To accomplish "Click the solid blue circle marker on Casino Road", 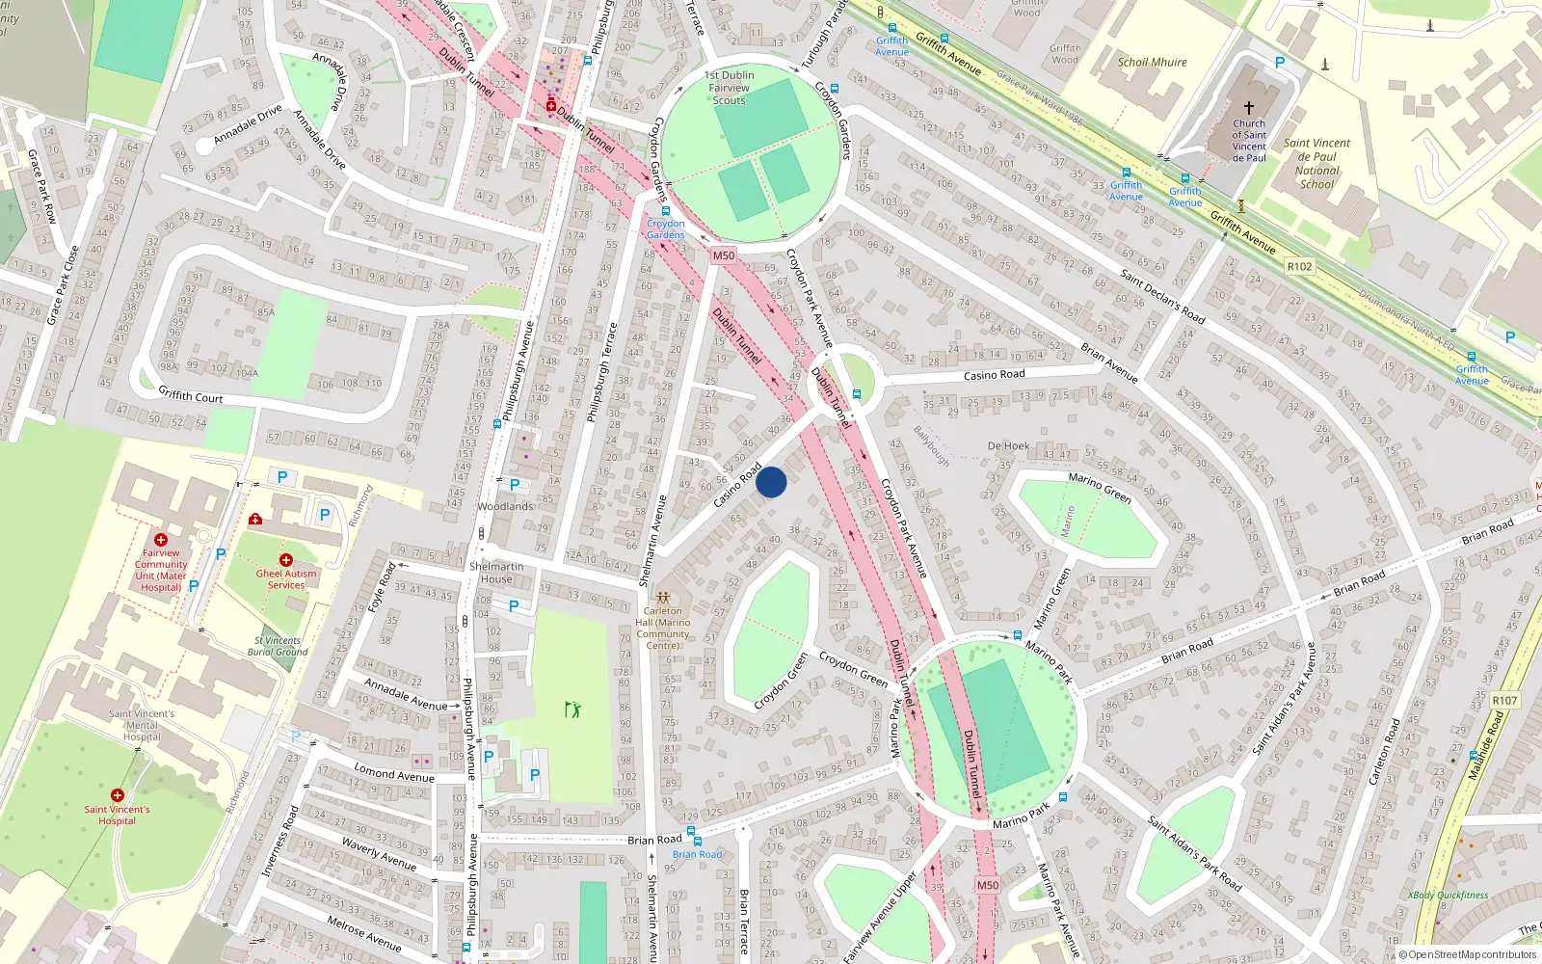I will coord(771,482).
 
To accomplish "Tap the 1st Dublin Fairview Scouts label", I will coord(730,88).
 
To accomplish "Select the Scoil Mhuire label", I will coord(1153,63).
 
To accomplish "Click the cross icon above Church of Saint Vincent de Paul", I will coord(1249,108).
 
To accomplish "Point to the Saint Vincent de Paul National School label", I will coord(1316,163).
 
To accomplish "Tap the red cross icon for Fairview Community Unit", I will coord(161,540).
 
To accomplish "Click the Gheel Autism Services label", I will coord(286,579).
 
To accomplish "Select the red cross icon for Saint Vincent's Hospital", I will coord(118,795).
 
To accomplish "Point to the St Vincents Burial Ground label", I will coord(278,646).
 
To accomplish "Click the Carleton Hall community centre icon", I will coord(662,598).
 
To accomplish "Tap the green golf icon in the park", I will coord(573,710).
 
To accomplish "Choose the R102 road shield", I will coord(1299,266).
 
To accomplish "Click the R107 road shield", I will coord(1504,701).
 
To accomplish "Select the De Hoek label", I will coord(1008,446).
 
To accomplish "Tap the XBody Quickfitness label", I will coord(1448,896).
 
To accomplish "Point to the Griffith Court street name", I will coord(191,395).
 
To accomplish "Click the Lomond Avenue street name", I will coord(394,773).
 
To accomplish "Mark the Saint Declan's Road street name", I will coord(1162,296).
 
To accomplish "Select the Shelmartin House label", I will coord(496,573).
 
